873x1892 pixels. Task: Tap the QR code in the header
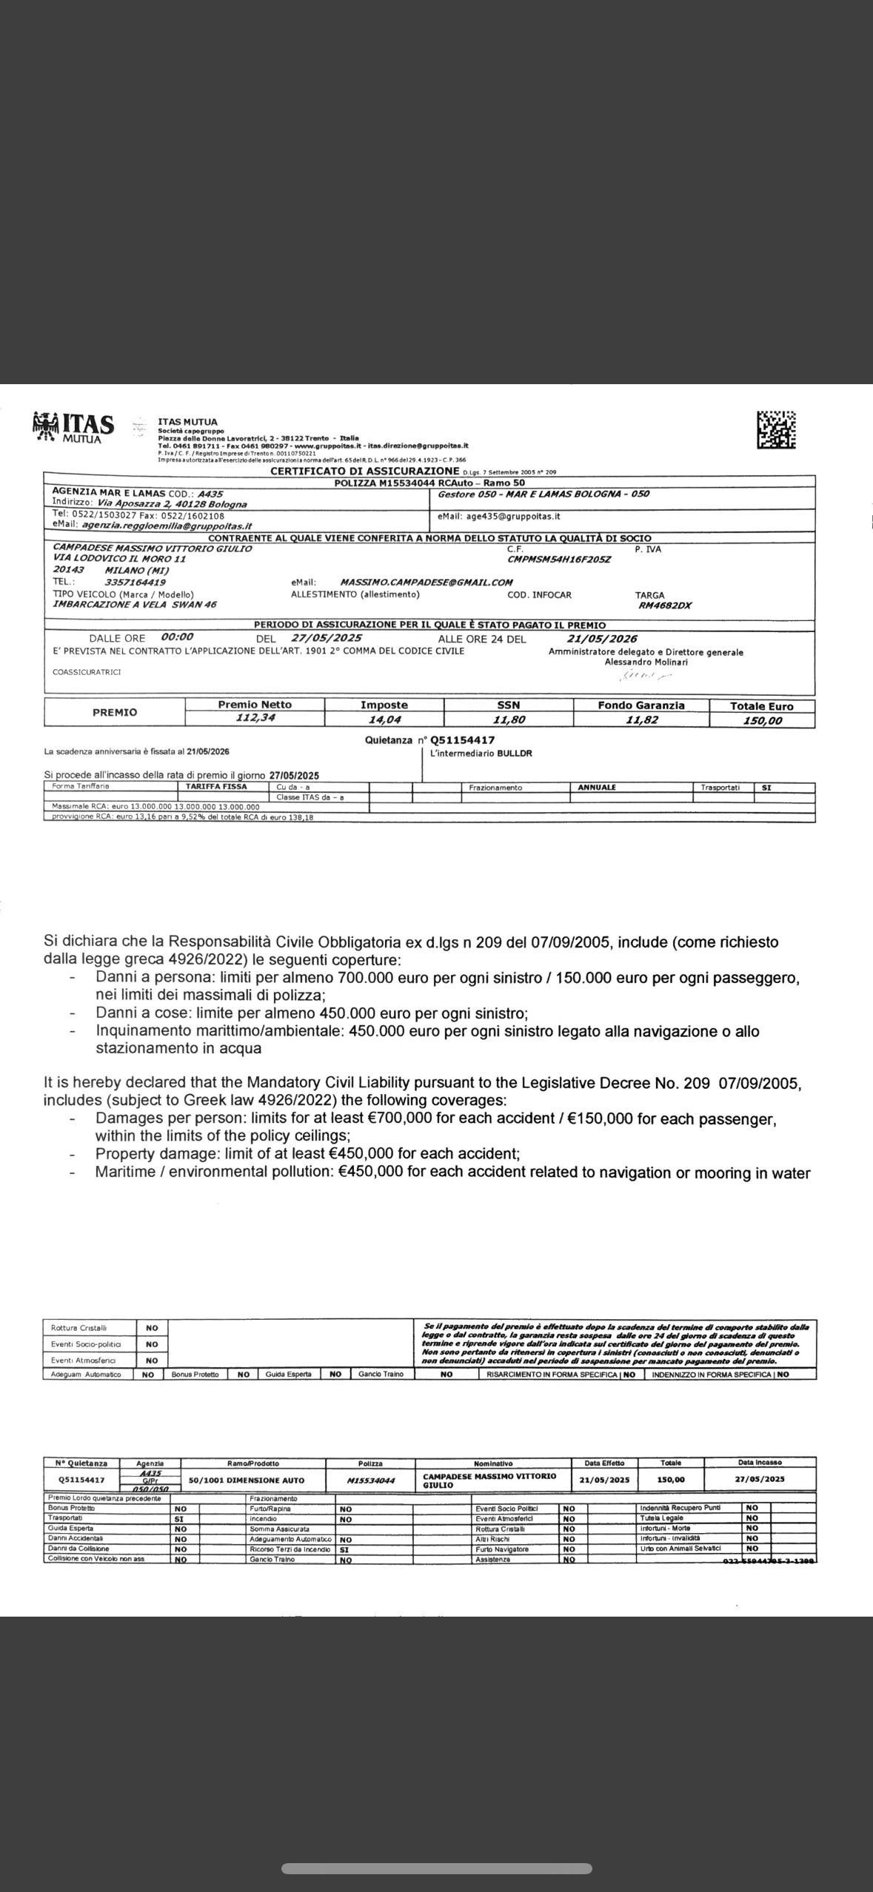776,429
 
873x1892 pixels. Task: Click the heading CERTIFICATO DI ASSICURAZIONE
365,471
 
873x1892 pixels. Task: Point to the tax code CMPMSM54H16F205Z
559,560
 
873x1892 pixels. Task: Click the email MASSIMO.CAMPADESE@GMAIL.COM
426,583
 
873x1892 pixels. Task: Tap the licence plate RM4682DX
664,605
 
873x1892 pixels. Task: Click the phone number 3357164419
136,583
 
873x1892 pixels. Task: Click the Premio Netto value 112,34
254,717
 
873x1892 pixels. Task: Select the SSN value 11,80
509,719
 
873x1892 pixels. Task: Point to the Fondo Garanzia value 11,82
641,719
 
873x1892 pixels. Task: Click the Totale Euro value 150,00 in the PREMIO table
763,720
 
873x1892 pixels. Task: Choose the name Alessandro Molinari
646,662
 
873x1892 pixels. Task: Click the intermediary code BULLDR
514,754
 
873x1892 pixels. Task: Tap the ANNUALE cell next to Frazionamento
597,788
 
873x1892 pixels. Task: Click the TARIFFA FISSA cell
217,787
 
